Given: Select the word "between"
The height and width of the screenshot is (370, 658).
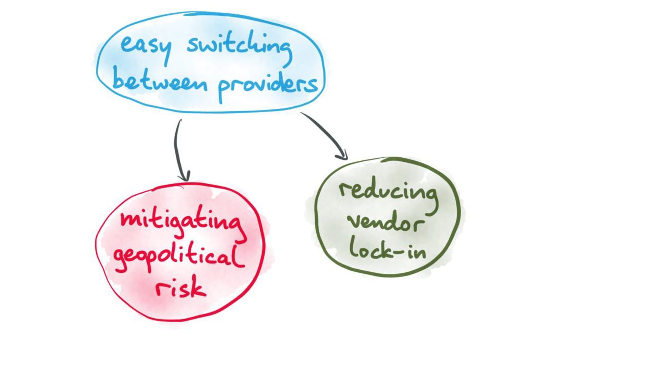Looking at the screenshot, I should (x=160, y=82).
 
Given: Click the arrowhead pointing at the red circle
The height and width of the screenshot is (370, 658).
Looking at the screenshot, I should (x=184, y=177).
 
